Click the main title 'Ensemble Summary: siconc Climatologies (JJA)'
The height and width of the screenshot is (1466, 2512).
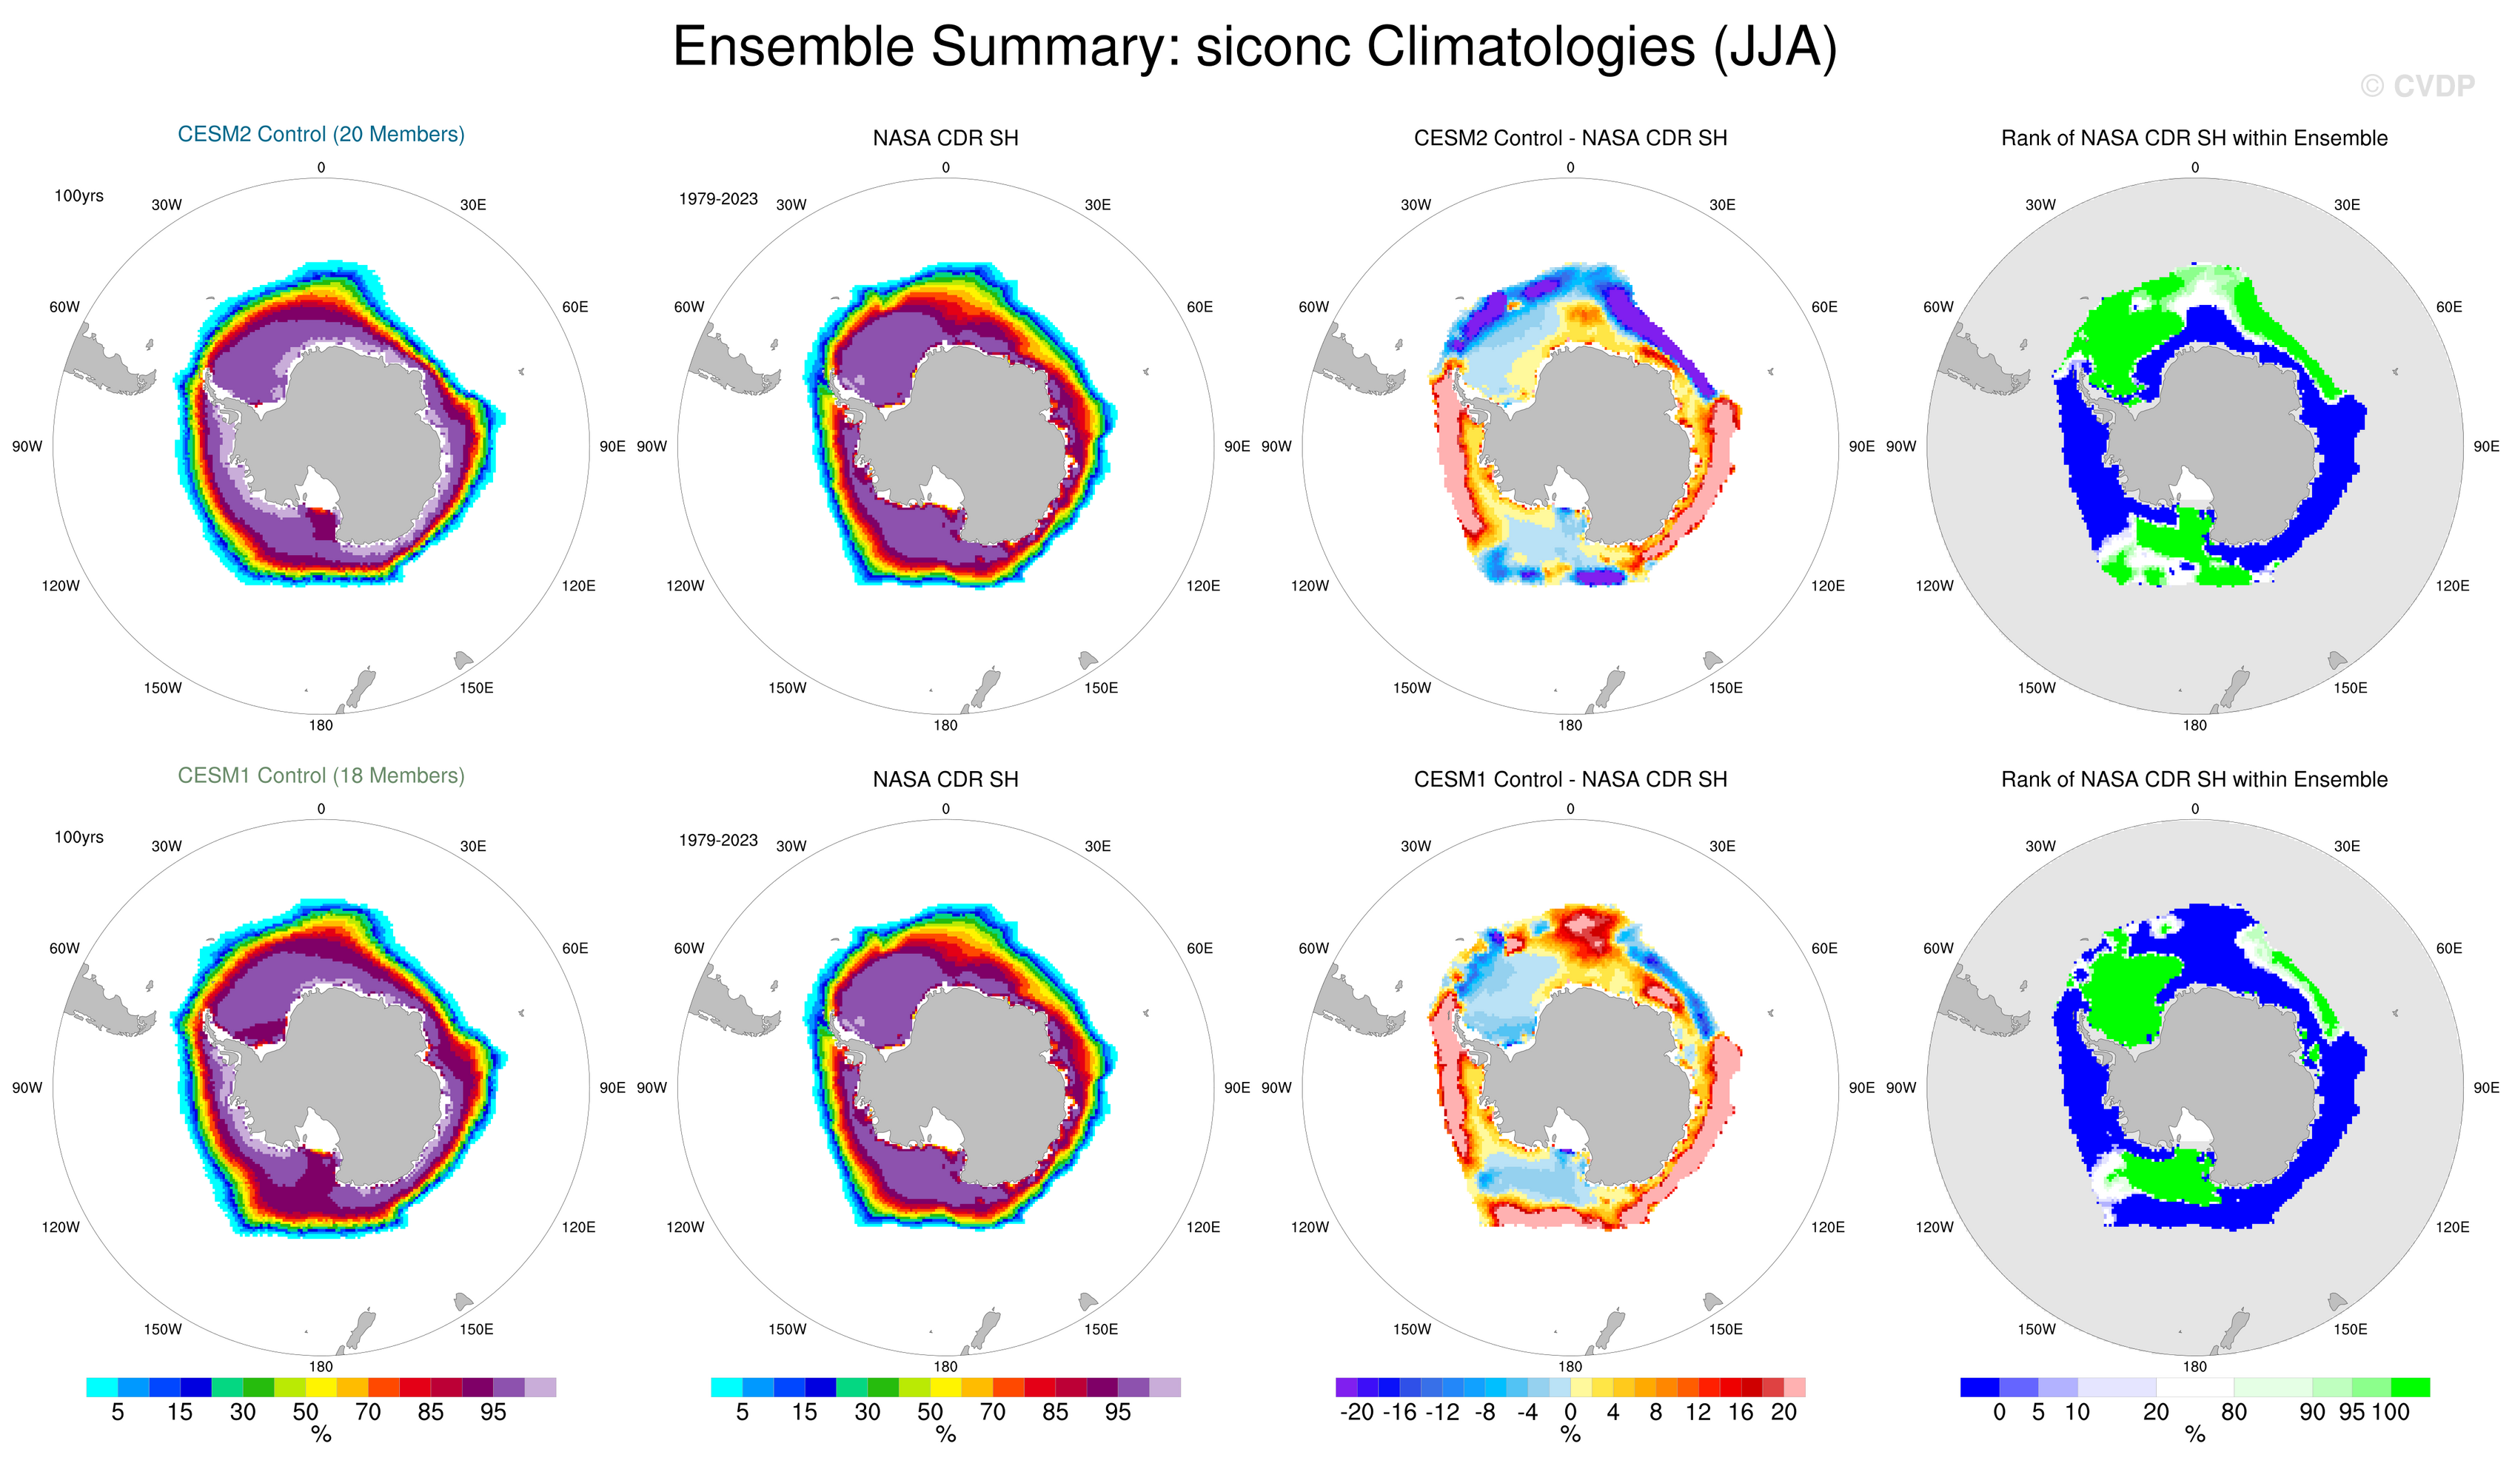1254,47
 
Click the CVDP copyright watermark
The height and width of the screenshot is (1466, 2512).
2416,87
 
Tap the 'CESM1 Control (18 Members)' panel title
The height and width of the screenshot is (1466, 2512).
321,776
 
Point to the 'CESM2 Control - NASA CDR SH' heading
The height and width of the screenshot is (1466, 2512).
1570,138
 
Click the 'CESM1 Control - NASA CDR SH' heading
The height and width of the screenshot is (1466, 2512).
1570,779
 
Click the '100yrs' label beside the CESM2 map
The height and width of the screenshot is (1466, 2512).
78,195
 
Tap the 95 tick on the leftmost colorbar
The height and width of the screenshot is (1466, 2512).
492,1412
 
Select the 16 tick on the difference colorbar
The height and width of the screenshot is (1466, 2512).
1741,1412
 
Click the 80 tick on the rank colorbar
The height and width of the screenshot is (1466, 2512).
2234,1412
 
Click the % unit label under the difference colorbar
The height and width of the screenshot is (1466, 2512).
1570,1435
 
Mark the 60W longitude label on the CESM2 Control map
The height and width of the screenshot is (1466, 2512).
65,307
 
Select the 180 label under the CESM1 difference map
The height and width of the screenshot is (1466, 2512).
1570,1366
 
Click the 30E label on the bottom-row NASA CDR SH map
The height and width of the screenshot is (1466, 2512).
1097,846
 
